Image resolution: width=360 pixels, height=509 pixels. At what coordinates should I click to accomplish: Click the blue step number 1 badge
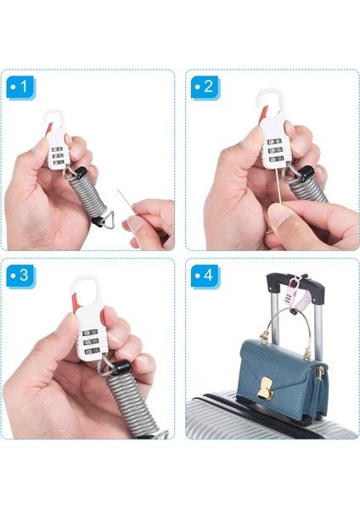tap(21, 87)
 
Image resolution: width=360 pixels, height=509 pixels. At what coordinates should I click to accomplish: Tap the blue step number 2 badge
tap(205, 87)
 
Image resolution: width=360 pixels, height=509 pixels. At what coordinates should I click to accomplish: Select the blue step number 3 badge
tap(21, 276)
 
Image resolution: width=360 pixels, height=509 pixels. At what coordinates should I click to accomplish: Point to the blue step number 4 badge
tap(205, 276)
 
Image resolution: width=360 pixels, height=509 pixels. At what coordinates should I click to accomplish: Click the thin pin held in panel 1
tap(127, 202)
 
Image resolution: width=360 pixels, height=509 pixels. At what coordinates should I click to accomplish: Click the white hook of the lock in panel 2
tap(271, 102)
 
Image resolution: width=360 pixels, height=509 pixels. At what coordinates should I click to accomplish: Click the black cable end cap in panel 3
tap(122, 366)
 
